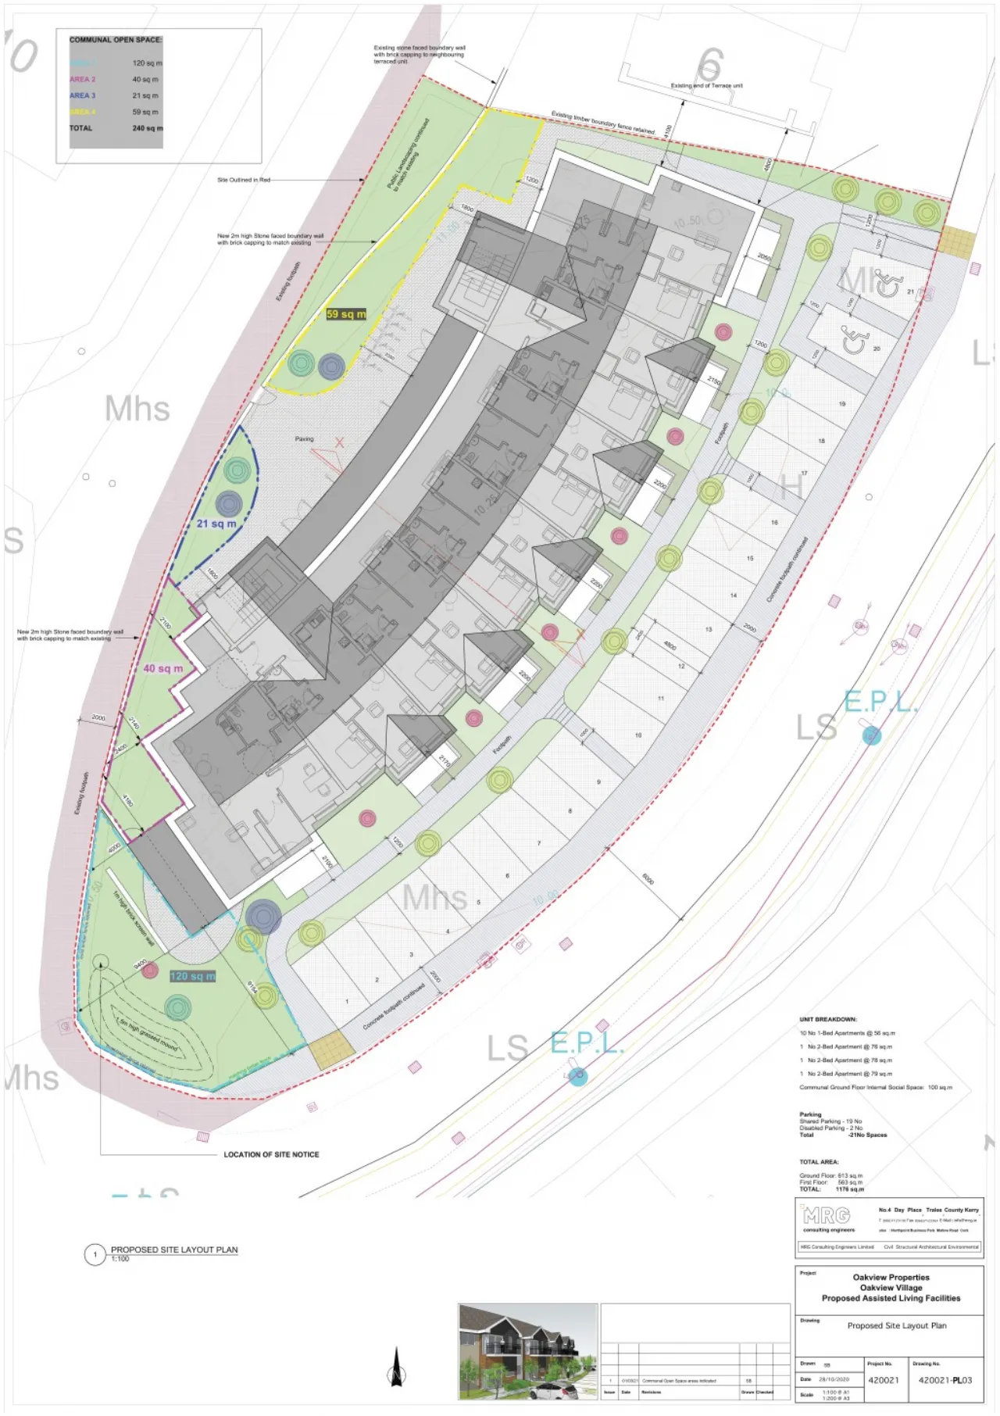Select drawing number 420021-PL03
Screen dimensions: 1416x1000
945,1380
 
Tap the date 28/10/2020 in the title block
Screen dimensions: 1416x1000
834,1379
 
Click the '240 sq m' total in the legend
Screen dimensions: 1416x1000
148,128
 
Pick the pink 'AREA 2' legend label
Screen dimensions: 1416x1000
82,80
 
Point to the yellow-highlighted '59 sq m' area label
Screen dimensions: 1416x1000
345,314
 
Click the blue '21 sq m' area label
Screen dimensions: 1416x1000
216,524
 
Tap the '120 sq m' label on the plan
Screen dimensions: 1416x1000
192,976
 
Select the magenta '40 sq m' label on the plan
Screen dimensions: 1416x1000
162,669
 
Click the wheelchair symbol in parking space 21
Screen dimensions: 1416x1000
887,284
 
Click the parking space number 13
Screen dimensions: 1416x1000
709,629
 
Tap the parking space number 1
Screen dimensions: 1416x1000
347,1001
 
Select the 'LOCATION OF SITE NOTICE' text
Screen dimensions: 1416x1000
271,1154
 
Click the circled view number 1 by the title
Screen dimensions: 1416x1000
95,1255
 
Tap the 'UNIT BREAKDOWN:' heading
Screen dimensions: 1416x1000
827,1020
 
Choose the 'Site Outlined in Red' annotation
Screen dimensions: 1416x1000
243,180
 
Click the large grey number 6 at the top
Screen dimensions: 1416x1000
709,66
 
